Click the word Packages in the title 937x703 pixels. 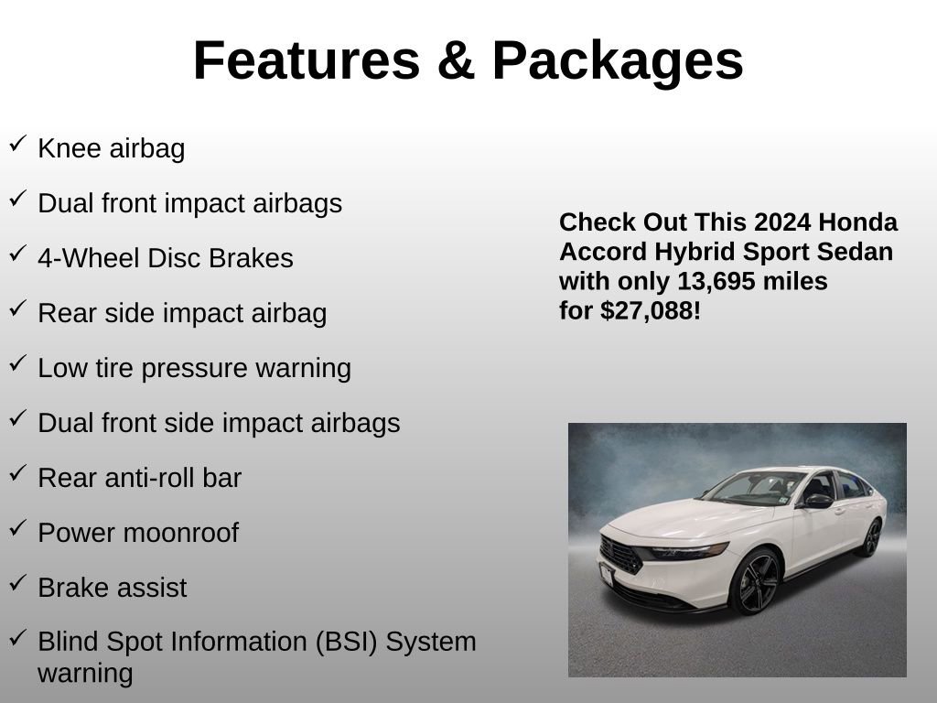coord(617,61)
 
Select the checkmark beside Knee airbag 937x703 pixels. coord(17,144)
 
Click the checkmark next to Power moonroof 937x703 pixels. coord(17,528)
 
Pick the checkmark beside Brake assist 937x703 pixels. coord(17,583)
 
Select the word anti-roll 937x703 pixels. coord(143,479)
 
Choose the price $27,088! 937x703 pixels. coord(651,311)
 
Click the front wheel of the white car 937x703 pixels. coord(755,582)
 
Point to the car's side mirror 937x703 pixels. coord(816,502)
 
